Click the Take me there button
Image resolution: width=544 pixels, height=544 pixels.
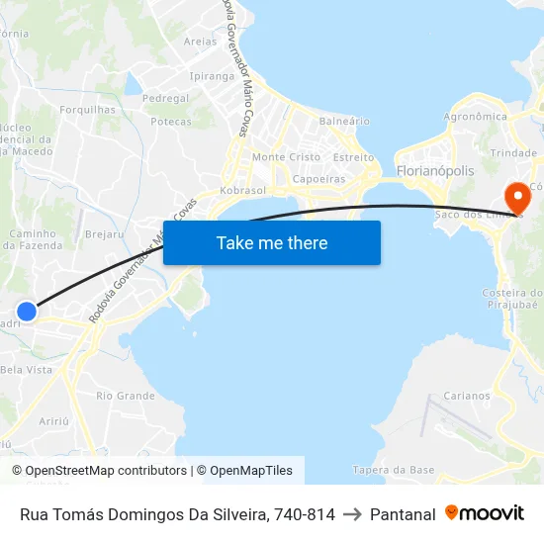(272, 242)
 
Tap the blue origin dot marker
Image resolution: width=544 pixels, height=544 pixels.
(27, 312)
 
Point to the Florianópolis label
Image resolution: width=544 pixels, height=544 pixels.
(434, 171)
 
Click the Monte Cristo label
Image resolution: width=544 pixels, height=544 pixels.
(287, 157)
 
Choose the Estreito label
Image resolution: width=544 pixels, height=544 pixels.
(353, 157)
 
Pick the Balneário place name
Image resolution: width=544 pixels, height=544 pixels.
(344, 121)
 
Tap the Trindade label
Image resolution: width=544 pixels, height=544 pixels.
(513, 153)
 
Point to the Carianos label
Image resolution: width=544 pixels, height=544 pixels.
(466, 396)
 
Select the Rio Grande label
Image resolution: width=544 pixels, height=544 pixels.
(126, 396)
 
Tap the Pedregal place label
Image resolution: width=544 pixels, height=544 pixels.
(165, 99)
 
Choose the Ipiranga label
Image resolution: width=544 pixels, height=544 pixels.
(212, 76)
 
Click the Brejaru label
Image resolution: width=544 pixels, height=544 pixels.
(105, 234)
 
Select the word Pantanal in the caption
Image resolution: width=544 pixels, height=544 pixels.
(403, 514)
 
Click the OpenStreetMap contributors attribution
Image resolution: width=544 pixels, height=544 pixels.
(100, 471)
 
